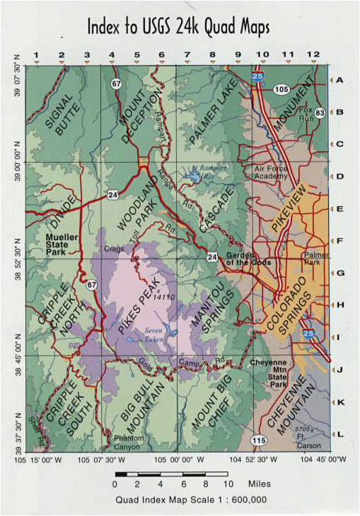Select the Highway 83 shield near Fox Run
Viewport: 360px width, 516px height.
coord(320,112)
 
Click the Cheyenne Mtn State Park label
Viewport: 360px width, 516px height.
coord(271,373)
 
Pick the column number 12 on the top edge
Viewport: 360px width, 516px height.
coord(312,54)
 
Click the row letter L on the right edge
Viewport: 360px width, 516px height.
coord(340,433)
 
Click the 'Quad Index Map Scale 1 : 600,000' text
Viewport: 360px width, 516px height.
coord(190,499)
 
